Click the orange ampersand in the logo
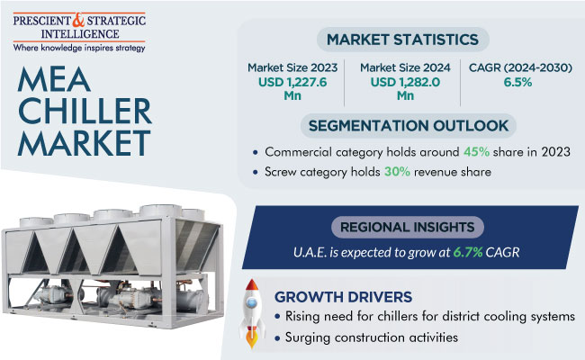(x=78, y=20)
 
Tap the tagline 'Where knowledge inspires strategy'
(x=79, y=48)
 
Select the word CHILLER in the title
(x=85, y=111)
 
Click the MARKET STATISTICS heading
(x=402, y=40)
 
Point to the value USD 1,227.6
(x=292, y=82)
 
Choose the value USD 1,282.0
(x=405, y=82)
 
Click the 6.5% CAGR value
(x=517, y=82)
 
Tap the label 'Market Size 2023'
(x=292, y=67)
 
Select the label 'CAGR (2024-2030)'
(x=520, y=67)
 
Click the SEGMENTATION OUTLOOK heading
(x=409, y=126)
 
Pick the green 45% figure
(x=476, y=152)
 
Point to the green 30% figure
(x=397, y=172)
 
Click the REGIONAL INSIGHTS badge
(x=408, y=227)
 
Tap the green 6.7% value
(x=468, y=253)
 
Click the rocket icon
(x=252, y=313)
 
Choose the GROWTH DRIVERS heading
(x=343, y=297)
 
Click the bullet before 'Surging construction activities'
(x=277, y=338)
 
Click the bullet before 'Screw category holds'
(x=256, y=173)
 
